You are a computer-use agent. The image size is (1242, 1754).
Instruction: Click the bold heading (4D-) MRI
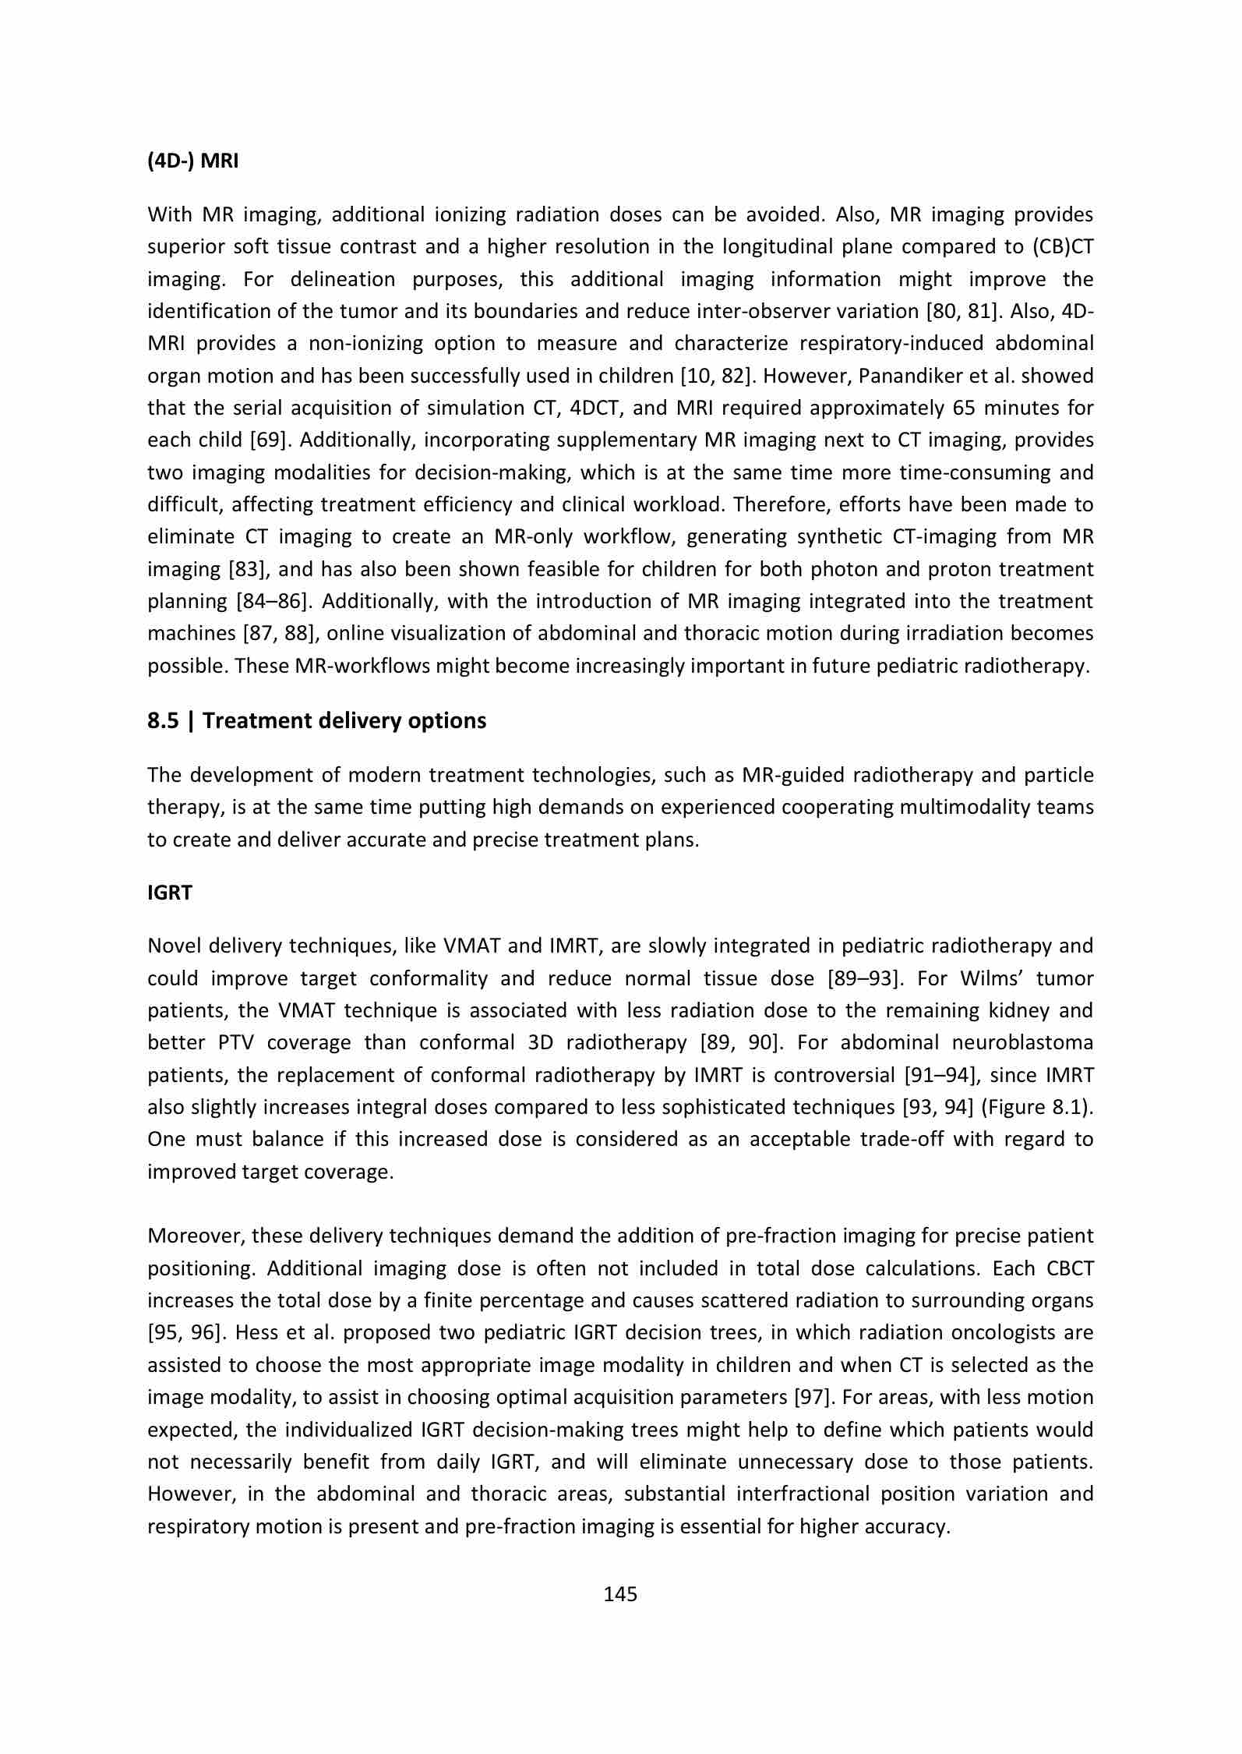[193, 161]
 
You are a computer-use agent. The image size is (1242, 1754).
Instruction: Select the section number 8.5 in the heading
[163, 720]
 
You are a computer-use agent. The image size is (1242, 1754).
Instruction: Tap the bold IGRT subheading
[169, 893]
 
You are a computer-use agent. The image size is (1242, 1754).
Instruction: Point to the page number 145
[620, 1594]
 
